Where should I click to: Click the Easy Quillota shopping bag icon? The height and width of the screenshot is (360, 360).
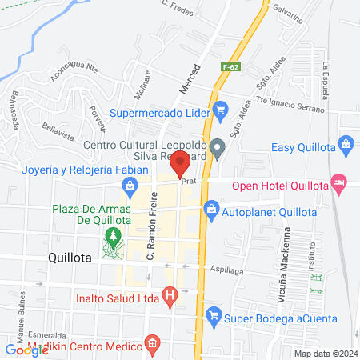coord(346,145)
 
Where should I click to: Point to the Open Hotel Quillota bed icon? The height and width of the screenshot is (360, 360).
coord(339,182)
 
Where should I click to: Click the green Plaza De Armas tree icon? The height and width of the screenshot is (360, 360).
coord(113,236)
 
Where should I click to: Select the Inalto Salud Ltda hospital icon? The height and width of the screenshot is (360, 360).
coord(169,295)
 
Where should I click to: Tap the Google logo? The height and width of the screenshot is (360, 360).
coord(26,350)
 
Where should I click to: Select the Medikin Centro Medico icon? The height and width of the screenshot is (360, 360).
coord(150,346)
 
